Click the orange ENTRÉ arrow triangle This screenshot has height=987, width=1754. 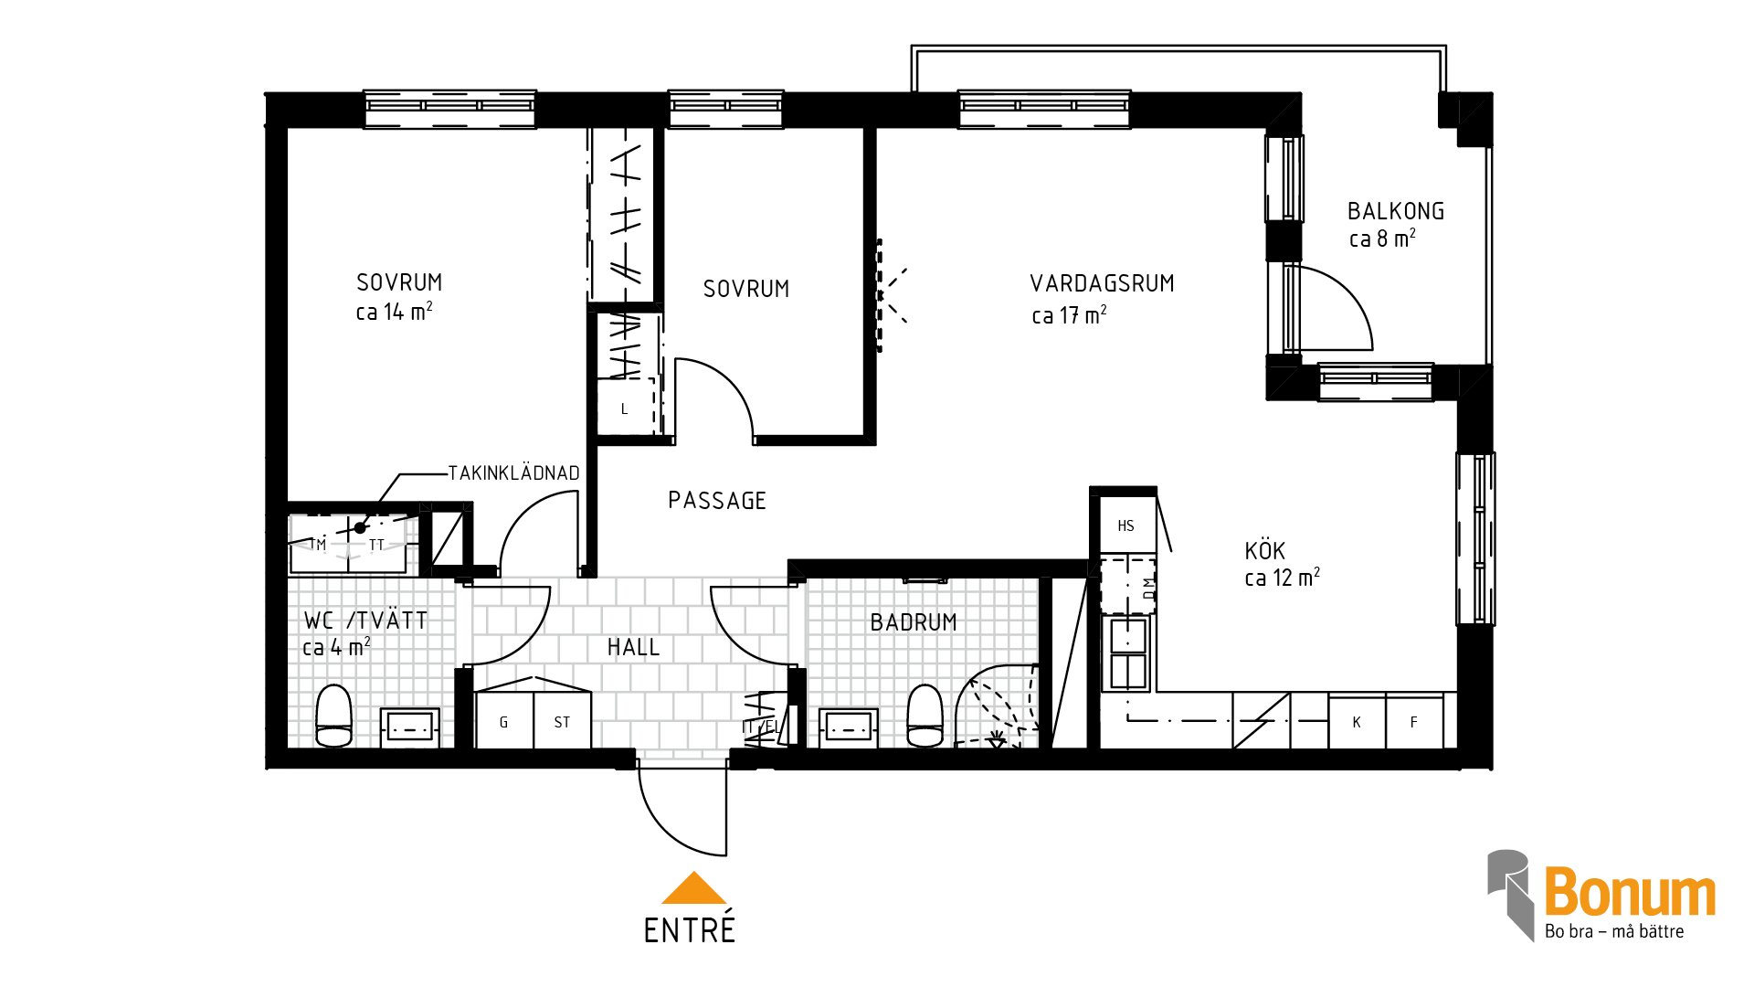694,888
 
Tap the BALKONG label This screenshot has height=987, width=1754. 1396,211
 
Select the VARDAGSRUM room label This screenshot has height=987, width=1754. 1102,283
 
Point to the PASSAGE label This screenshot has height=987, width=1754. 717,501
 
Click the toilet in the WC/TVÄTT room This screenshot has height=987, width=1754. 333,716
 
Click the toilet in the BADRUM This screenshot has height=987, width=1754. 925,716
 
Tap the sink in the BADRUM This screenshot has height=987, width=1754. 849,727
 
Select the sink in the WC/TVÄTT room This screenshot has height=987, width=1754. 410,727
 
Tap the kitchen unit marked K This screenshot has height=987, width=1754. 1357,721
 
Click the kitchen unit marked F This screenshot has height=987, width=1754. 1414,721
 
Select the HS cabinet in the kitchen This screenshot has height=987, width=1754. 1127,525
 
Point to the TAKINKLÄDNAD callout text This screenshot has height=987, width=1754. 514,472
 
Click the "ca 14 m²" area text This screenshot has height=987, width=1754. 394,312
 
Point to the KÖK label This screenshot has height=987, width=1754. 1265,551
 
